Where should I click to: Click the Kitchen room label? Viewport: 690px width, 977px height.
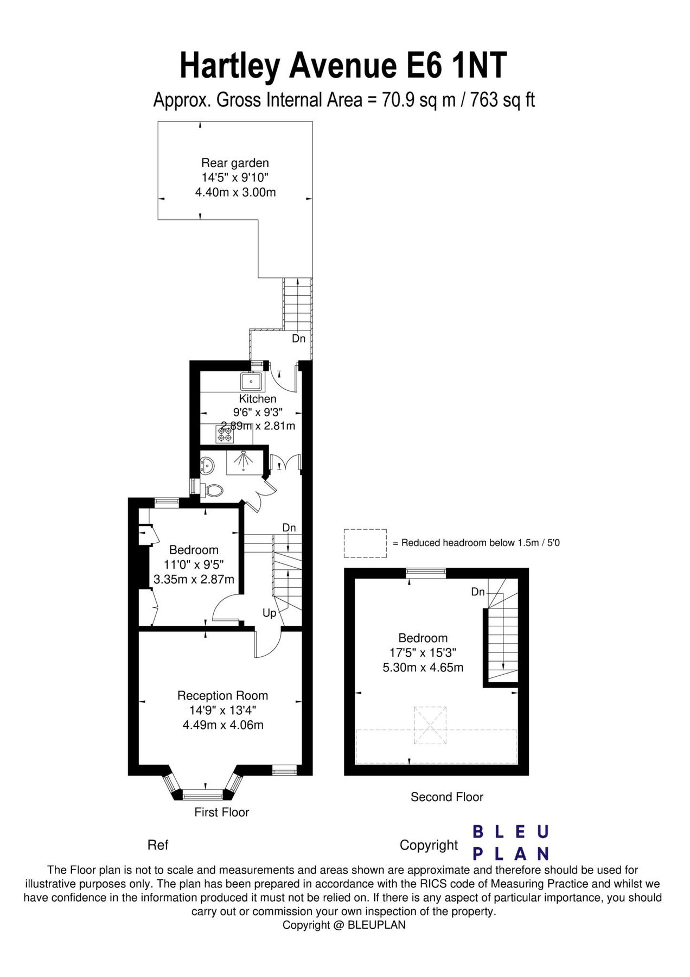[257, 398]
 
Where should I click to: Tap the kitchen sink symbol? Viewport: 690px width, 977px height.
[251, 382]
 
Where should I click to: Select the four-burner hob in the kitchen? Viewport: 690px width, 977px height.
[225, 434]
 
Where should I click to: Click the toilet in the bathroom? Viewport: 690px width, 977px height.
[213, 491]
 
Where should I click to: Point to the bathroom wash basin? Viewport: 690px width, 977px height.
[207, 465]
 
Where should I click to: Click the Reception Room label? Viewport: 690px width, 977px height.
[222, 695]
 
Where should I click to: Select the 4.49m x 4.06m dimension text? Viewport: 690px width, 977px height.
[223, 725]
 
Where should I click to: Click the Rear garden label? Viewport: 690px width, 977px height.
[235, 162]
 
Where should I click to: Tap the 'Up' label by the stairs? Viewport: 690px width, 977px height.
[269, 613]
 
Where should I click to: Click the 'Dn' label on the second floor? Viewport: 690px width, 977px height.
[477, 592]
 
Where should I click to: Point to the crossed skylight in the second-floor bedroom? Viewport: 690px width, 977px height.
[430, 725]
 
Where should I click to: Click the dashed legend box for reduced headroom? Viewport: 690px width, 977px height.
[365, 543]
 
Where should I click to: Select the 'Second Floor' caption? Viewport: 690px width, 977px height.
[446, 797]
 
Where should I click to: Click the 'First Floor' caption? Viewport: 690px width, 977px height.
[221, 812]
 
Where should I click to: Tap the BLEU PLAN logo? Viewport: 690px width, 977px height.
[510, 843]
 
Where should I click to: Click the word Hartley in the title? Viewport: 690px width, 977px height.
[229, 66]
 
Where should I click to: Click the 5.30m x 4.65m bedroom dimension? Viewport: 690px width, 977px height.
[423, 668]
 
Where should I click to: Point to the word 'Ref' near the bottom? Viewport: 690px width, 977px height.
[158, 845]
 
